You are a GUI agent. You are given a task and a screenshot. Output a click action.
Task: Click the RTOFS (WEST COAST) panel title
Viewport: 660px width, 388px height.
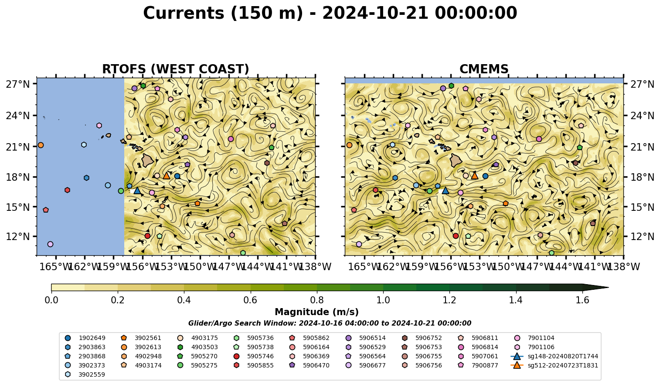(176, 69)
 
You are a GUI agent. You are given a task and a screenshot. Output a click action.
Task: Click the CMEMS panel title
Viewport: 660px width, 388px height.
(484, 69)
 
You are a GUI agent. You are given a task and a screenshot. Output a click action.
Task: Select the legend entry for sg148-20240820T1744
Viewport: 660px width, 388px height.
(554, 356)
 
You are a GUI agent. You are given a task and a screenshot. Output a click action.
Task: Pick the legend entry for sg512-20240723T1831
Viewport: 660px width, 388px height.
(554, 365)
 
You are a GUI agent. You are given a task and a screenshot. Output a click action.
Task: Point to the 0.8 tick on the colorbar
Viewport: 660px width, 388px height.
(317, 292)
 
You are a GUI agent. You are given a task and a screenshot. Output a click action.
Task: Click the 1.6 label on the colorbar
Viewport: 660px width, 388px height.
(582, 300)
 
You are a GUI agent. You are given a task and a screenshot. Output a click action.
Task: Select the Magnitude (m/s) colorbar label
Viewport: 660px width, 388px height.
(317, 312)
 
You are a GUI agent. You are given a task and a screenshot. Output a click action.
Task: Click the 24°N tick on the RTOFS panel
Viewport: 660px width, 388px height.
(35, 115)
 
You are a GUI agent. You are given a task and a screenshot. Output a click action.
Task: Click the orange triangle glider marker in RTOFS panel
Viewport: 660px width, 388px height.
(167, 175)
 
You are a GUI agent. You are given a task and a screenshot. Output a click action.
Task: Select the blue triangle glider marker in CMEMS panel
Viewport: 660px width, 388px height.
(445, 190)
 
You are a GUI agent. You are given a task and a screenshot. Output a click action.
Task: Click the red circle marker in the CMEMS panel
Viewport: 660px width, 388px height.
(456, 236)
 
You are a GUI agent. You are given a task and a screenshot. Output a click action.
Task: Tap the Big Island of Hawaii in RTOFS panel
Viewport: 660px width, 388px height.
(148, 160)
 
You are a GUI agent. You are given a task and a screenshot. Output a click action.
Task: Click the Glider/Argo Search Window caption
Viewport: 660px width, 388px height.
(330, 323)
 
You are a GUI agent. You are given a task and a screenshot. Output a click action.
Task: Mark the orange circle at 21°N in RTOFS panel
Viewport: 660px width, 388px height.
(41, 145)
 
